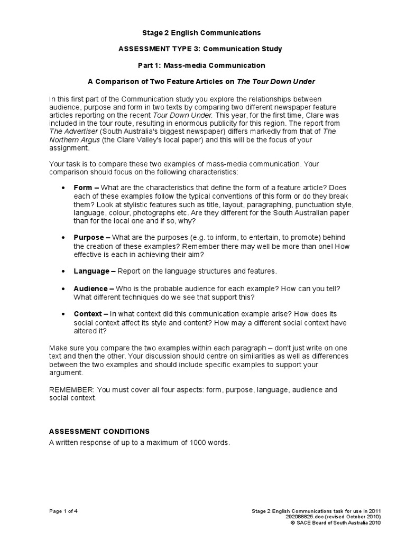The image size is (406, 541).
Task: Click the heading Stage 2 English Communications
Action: pos(203,33)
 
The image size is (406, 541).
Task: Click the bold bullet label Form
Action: pos(83,188)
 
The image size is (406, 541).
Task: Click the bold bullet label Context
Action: pos(88,314)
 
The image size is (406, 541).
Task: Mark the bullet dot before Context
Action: pos(63,314)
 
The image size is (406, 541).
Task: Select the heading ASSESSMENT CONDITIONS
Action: pos(99,432)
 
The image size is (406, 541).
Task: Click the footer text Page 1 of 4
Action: pos(64,510)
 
